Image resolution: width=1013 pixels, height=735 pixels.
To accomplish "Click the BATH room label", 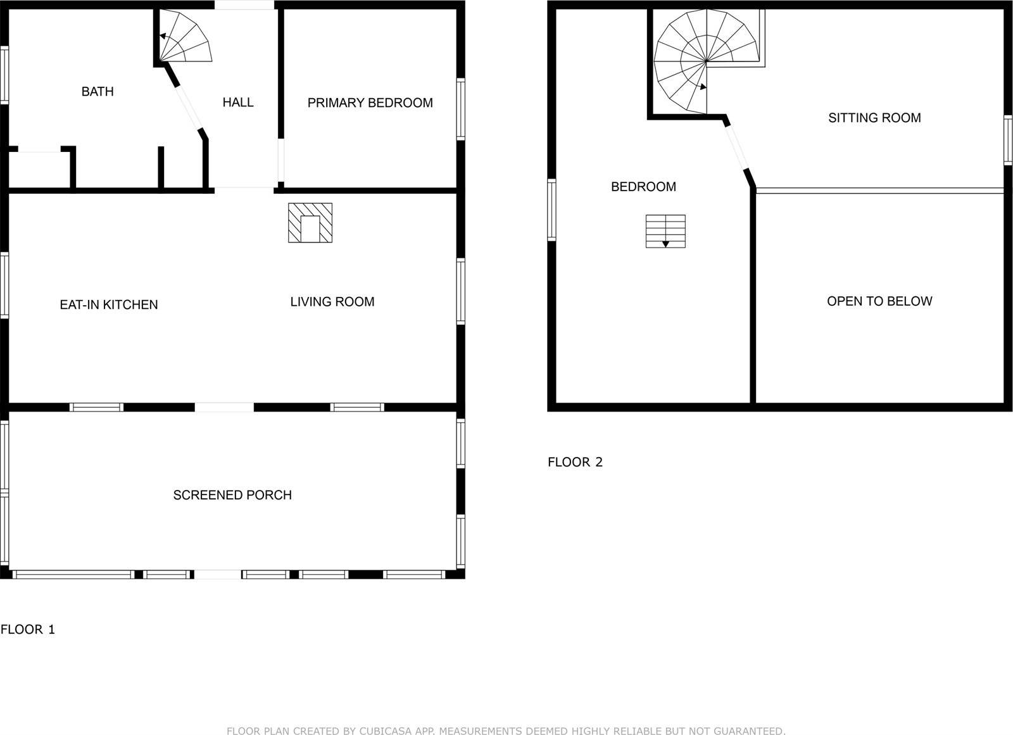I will point(98,92).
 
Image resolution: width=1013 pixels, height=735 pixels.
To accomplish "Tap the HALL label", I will point(238,103).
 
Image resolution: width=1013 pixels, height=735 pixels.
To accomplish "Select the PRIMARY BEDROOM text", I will point(370,103).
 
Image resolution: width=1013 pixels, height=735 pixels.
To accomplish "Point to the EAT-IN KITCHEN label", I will point(109,305).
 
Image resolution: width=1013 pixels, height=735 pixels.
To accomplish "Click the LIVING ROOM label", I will point(332,302).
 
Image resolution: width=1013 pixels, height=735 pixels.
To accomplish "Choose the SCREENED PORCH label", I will point(232,495).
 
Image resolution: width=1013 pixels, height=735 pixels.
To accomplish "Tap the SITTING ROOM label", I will point(874,118).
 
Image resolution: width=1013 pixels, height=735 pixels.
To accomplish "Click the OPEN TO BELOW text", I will point(879,301).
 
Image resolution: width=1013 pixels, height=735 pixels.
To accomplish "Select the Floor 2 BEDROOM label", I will point(643,187).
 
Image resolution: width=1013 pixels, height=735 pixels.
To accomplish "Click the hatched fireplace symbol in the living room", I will point(310,223).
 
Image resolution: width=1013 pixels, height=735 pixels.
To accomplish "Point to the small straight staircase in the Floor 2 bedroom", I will point(665,231).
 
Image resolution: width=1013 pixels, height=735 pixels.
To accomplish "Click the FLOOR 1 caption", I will point(28,629).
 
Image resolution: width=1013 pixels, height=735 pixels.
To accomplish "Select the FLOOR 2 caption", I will point(575,462).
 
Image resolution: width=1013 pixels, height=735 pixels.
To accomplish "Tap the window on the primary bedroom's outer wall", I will point(460,109).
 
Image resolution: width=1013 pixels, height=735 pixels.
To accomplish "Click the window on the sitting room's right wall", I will point(1007,141).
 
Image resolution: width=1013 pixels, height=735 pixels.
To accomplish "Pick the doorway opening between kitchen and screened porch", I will point(224,407).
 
